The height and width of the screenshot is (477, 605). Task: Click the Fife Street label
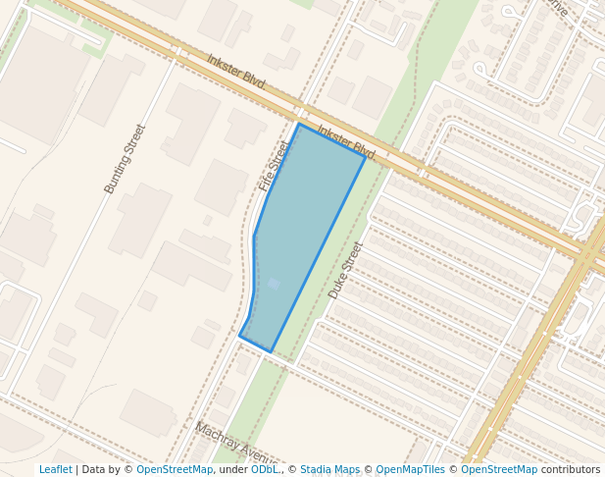click(x=276, y=165)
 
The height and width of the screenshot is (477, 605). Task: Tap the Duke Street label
click(x=346, y=270)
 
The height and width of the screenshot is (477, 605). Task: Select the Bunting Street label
click(x=125, y=158)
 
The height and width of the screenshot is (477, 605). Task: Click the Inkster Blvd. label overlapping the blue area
click(x=347, y=143)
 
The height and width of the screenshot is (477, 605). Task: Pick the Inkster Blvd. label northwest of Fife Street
click(x=236, y=72)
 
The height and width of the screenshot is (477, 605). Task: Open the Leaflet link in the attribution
click(x=55, y=469)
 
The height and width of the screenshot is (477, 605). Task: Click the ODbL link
click(x=265, y=469)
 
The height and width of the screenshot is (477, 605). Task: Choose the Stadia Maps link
click(x=329, y=469)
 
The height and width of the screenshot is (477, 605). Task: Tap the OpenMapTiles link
click(x=411, y=469)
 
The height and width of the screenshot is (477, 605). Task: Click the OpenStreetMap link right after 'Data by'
click(x=174, y=469)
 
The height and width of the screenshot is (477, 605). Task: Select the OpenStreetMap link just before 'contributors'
click(x=498, y=469)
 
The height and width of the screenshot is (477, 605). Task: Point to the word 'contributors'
click(x=571, y=469)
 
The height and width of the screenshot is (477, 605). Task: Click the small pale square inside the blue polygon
click(x=274, y=284)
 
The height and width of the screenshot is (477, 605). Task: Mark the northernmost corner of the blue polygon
click(x=299, y=124)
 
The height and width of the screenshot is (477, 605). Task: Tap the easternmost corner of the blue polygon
click(x=365, y=156)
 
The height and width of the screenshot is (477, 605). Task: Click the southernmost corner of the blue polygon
click(x=271, y=351)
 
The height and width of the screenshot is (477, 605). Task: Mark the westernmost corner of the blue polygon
click(x=240, y=336)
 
